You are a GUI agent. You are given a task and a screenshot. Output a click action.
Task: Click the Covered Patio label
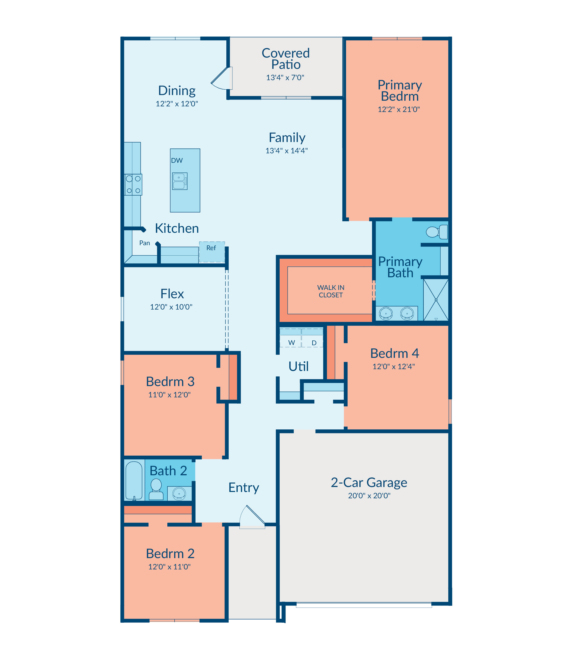point(286,59)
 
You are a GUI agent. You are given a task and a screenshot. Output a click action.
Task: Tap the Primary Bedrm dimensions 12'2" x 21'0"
point(399,109)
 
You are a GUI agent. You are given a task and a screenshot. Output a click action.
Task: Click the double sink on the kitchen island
point(180,181)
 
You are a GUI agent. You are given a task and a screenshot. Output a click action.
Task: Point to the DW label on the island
point(177,161)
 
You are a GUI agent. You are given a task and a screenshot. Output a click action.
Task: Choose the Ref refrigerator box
point(212,252)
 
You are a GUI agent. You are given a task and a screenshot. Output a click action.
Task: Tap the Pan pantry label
point(145,243)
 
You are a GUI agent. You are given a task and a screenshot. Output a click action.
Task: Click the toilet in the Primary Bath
point(437,232)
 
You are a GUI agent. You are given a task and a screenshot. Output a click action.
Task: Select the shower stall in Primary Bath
point(436,300)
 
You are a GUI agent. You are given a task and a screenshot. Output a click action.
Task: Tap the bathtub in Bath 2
point(134,481)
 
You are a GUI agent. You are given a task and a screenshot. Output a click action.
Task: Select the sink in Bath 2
point(179,493)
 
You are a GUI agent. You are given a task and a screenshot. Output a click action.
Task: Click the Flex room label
point(172,294)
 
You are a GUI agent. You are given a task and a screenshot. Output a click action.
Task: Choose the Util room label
point(299,366)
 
